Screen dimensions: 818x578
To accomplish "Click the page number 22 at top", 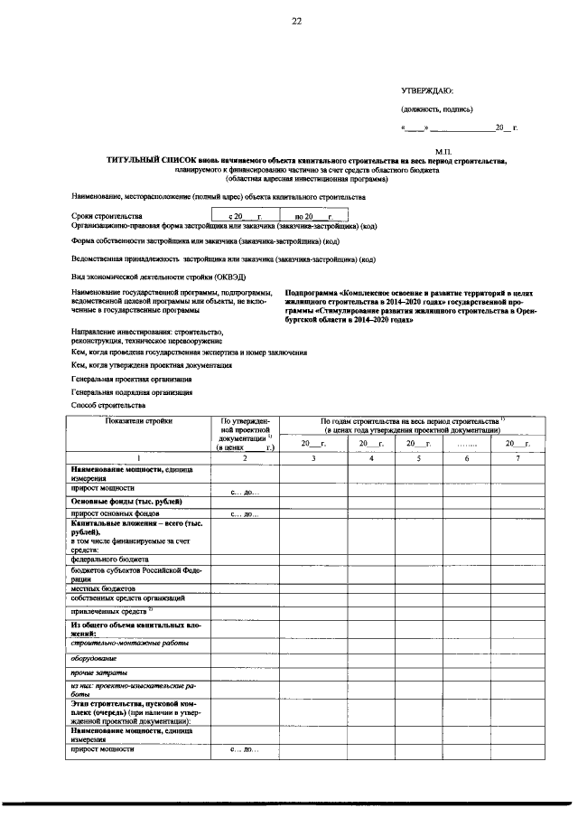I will pos(296,23).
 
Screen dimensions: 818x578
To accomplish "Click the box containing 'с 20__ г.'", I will pos(245,217).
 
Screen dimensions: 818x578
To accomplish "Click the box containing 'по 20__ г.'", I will pos(308,217).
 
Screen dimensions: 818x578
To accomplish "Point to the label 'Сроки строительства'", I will pos(107,217).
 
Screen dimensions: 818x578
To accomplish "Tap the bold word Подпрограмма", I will pos(312,294).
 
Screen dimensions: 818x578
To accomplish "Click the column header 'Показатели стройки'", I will pos(138,421).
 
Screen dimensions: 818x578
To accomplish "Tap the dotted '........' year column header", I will pos(468,444).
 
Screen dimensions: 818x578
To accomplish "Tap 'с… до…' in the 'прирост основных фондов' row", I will pos(245,514).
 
